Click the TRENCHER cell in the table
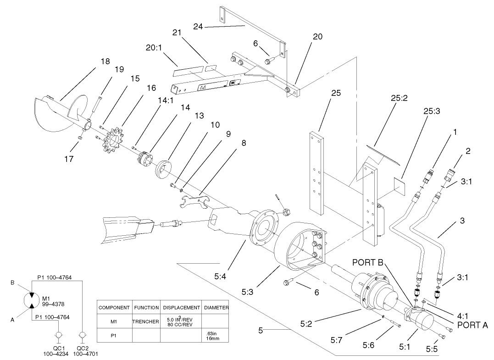(x=145, y=321)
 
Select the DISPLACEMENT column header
(x=182, y=307)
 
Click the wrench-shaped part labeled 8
(x=194, y=201)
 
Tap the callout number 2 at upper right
(x=467, y=150)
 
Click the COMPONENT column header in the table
(x=114, y=307)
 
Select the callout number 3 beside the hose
(x=462, y=221)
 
